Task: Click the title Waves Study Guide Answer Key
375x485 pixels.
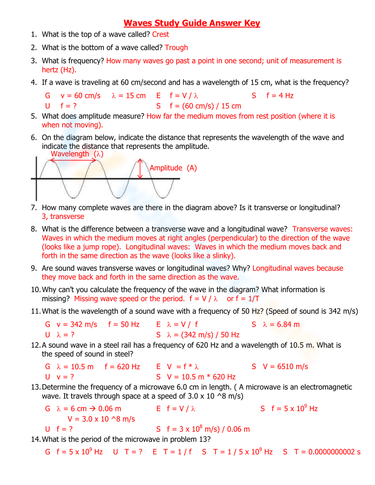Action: (x=192, y=23)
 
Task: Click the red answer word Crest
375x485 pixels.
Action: (x=160, y=34)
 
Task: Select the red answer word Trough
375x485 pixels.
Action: (x=176, y=48)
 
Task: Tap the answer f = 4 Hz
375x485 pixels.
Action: (x=280, y=96)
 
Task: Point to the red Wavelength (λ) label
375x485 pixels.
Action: (x=77, y=154)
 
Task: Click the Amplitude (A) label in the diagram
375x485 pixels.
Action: (x=173, y=168)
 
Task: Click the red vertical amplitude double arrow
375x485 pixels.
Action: (x=140, y=169)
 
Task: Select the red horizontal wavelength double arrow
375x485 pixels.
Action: (x=73, y=160)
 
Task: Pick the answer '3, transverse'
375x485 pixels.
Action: (x=63, y=217)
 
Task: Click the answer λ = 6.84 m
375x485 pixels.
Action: (x=281, y=325)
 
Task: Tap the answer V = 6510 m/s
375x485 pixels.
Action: (x=285, y=367)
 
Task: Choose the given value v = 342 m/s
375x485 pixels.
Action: (x=77, y=325)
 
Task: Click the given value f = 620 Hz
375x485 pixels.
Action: (x=122, y=367)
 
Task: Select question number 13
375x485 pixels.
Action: (x=35, y=387)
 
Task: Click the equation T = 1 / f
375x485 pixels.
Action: (x=177, y=452)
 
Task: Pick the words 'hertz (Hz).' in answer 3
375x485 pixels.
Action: (x=59, y=70)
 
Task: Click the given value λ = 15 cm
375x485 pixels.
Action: (x=129, y=96)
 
